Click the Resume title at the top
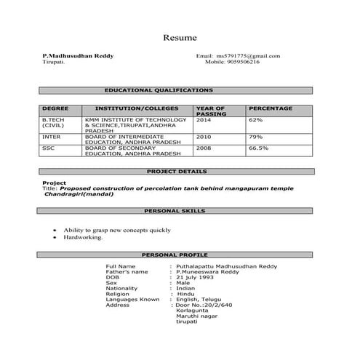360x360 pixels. coord(180,37)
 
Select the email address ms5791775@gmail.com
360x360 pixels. coord(248,56)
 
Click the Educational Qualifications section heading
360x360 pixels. coord(159,90)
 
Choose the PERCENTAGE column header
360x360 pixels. coord(271,109)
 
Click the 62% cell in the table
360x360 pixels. coord(256,119)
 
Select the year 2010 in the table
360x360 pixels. coord(204,137)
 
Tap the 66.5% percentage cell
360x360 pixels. coord(259,148)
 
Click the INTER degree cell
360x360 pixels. coord(52,137)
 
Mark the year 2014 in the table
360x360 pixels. coord(204,119)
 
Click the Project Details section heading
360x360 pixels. coord(177,172)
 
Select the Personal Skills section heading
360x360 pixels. coord(175,211)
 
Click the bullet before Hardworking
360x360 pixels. coord(55,237)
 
